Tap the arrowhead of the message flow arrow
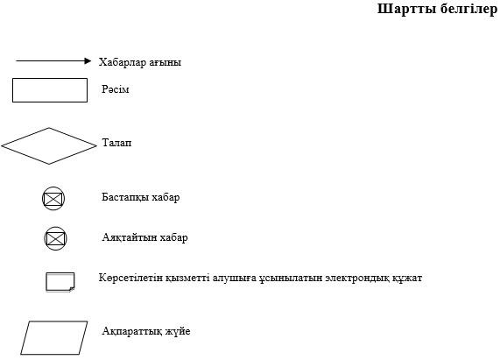[88, 61]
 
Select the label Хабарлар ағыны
[140, 62]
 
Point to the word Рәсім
[115, 89]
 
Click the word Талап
[116, 143]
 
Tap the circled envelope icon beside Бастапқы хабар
[53, 199]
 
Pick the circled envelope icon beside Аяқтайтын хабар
[55, 238]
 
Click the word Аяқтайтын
[130, 237]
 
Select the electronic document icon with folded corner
[60, 282]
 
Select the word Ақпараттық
[131, 331]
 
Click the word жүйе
[178, 331]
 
